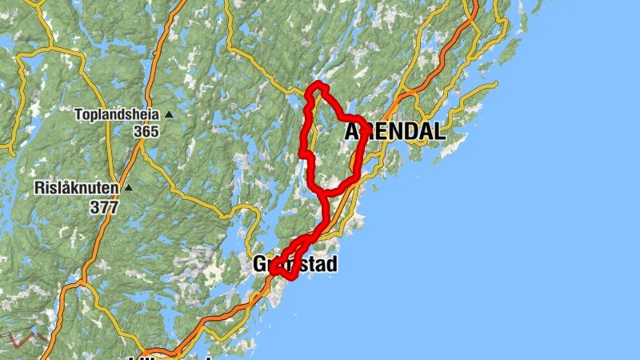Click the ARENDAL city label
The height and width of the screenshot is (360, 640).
point(395,132)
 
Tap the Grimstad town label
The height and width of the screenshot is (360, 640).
point(294,264)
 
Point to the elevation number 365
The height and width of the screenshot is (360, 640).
point(146,131)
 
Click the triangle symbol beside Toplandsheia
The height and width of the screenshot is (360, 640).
point(169,114)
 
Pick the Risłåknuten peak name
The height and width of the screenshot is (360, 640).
point(77,189)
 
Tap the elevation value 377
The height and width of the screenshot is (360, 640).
point(104,207)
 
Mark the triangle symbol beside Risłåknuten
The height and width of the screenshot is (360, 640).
point(129,189)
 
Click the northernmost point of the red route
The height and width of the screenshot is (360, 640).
point(318,84)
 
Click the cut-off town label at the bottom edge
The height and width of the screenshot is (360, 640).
point(172,357)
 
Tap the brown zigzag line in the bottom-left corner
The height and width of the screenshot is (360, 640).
point(24,338)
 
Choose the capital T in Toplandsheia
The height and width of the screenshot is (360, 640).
point(78,114)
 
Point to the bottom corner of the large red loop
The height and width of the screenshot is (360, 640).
point(322,192)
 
